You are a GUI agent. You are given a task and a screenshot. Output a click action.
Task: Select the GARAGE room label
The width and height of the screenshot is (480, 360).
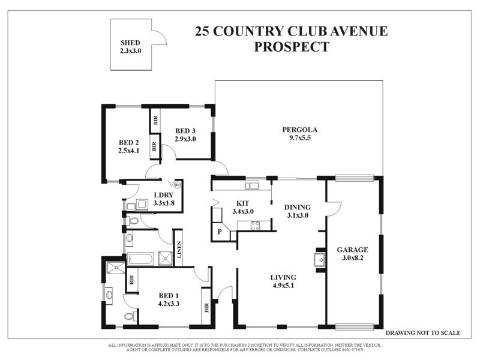[x=352, y=250]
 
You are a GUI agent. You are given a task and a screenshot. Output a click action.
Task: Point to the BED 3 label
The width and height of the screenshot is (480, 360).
[x=185, y=131]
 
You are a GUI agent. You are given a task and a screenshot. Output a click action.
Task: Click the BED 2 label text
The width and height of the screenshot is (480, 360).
[x=128, y=142]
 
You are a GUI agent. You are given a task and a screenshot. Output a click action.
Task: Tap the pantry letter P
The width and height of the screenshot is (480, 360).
[x=220, y=232]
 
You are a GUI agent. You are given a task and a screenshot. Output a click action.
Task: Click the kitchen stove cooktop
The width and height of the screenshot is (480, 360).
[x=254, y=226]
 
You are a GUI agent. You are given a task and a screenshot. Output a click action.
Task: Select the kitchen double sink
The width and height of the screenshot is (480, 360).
[x=251, y=185]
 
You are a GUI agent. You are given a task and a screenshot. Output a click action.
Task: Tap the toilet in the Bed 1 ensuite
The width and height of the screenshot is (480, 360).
[x=128, y=316]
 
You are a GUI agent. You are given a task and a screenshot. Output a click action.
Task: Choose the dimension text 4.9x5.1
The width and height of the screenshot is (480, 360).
[x=284, y=286]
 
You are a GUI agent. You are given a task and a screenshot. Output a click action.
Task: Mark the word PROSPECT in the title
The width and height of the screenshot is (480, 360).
[x=292, y=47]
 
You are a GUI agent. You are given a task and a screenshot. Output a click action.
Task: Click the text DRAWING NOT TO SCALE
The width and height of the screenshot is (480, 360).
[x=422, y=332]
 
